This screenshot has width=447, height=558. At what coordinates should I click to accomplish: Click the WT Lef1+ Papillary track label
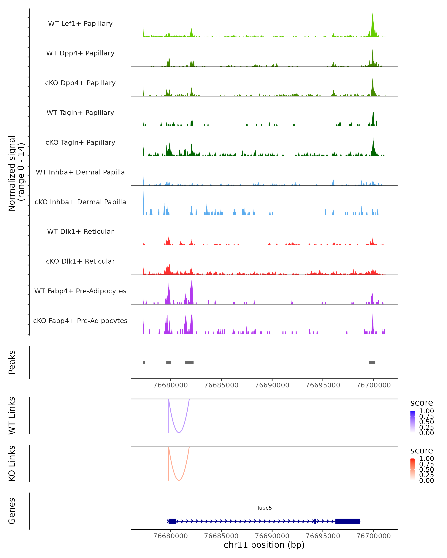[80, 24]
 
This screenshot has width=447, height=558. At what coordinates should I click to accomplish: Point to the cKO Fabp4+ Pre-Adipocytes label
[80, 321]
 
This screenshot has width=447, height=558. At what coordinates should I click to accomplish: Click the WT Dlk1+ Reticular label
[80, 231]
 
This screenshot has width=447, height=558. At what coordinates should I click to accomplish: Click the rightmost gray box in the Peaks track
[372, 362]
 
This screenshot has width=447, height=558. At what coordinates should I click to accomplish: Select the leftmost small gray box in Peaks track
[144, 362]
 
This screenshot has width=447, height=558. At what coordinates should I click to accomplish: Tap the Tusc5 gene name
[264, 508]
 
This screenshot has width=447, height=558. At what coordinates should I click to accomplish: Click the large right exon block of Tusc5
[348, 521]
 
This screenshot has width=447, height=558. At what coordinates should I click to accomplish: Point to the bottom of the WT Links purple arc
[179, 432]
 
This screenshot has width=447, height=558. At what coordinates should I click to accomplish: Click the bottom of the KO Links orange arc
[179, 480]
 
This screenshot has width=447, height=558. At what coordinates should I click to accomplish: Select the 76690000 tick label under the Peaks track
[272, 385]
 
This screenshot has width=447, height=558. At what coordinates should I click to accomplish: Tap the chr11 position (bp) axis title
[264, 545]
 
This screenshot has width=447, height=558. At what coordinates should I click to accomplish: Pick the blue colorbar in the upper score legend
[413, 421]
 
